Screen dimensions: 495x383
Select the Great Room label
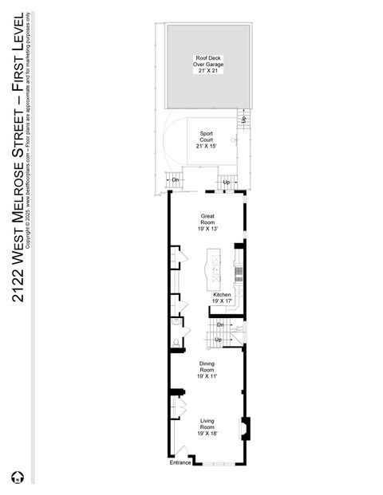point(207,222)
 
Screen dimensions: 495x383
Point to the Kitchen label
point(221,297)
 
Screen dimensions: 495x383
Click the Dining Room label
point(207,369)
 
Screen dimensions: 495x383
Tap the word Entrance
point(180,462)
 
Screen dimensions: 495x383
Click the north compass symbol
point(14,478)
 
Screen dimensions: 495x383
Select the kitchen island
point(214,270)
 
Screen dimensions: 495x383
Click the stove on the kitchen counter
point(238,274)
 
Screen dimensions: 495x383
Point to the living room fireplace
point(244,428)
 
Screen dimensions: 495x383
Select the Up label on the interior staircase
point(218,340)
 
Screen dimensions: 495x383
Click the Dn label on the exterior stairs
point(175,180)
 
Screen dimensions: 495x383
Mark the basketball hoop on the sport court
point(234,139)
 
